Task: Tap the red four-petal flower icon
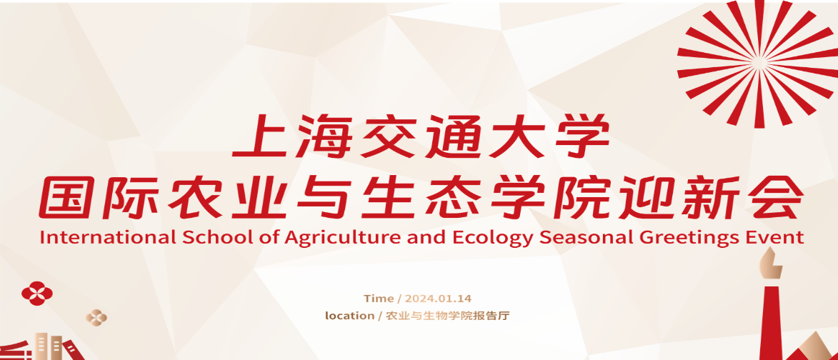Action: pos(37,294)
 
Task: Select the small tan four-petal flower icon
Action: pos(96,317)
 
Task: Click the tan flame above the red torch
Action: pos(771,264)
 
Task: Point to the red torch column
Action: pos(771,323)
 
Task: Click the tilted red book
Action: pos(73,351)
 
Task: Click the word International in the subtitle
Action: pos(107,237)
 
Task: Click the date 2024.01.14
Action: pos(438,299)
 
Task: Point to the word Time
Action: pos(379,299)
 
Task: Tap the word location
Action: pos(350,316)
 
